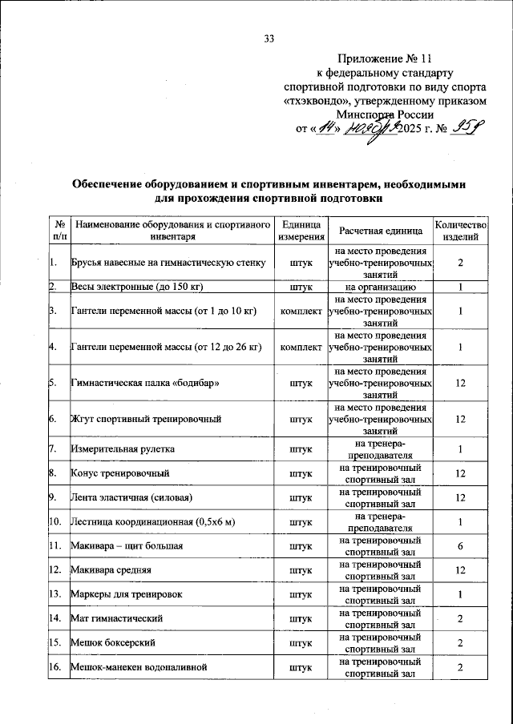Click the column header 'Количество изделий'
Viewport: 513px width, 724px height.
(x=460, y=231)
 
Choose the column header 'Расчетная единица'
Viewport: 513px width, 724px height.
(x=380, y=231)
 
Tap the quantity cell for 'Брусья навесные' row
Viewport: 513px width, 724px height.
(x=460, y=263)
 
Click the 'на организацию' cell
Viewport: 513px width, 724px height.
(x=380, y=286)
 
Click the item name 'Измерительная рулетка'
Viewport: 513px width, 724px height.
(x=123, y=449)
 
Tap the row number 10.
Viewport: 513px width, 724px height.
(x=55, y=522)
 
